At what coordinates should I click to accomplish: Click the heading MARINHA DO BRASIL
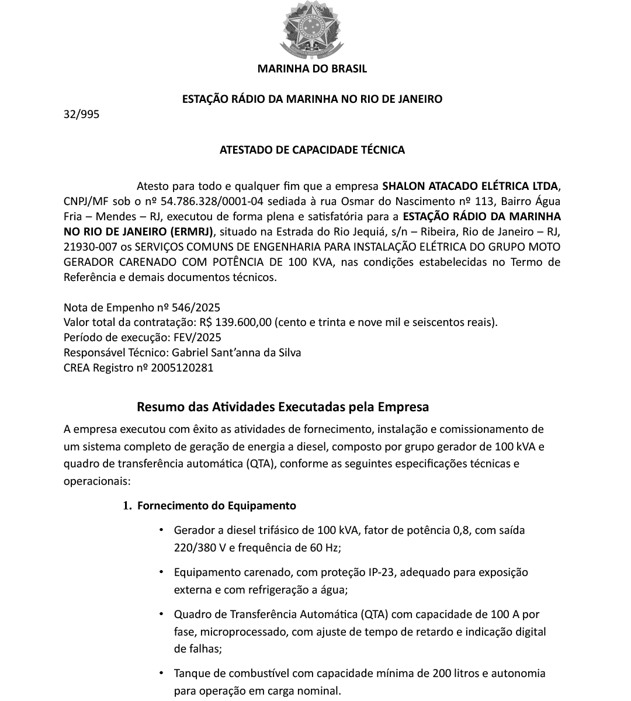coord(312,69)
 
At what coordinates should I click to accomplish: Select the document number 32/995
coord(81,114)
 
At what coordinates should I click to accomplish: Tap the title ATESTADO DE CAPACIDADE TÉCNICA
coord(312,150)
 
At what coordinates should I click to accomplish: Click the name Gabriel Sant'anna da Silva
coord(237,353)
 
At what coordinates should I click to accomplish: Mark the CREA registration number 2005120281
coord(182,368)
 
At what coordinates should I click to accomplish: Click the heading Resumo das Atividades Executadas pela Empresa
coord(283,407)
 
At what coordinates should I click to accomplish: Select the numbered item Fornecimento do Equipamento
coord(216,506)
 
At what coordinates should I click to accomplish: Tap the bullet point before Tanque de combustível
coord(161,673)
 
